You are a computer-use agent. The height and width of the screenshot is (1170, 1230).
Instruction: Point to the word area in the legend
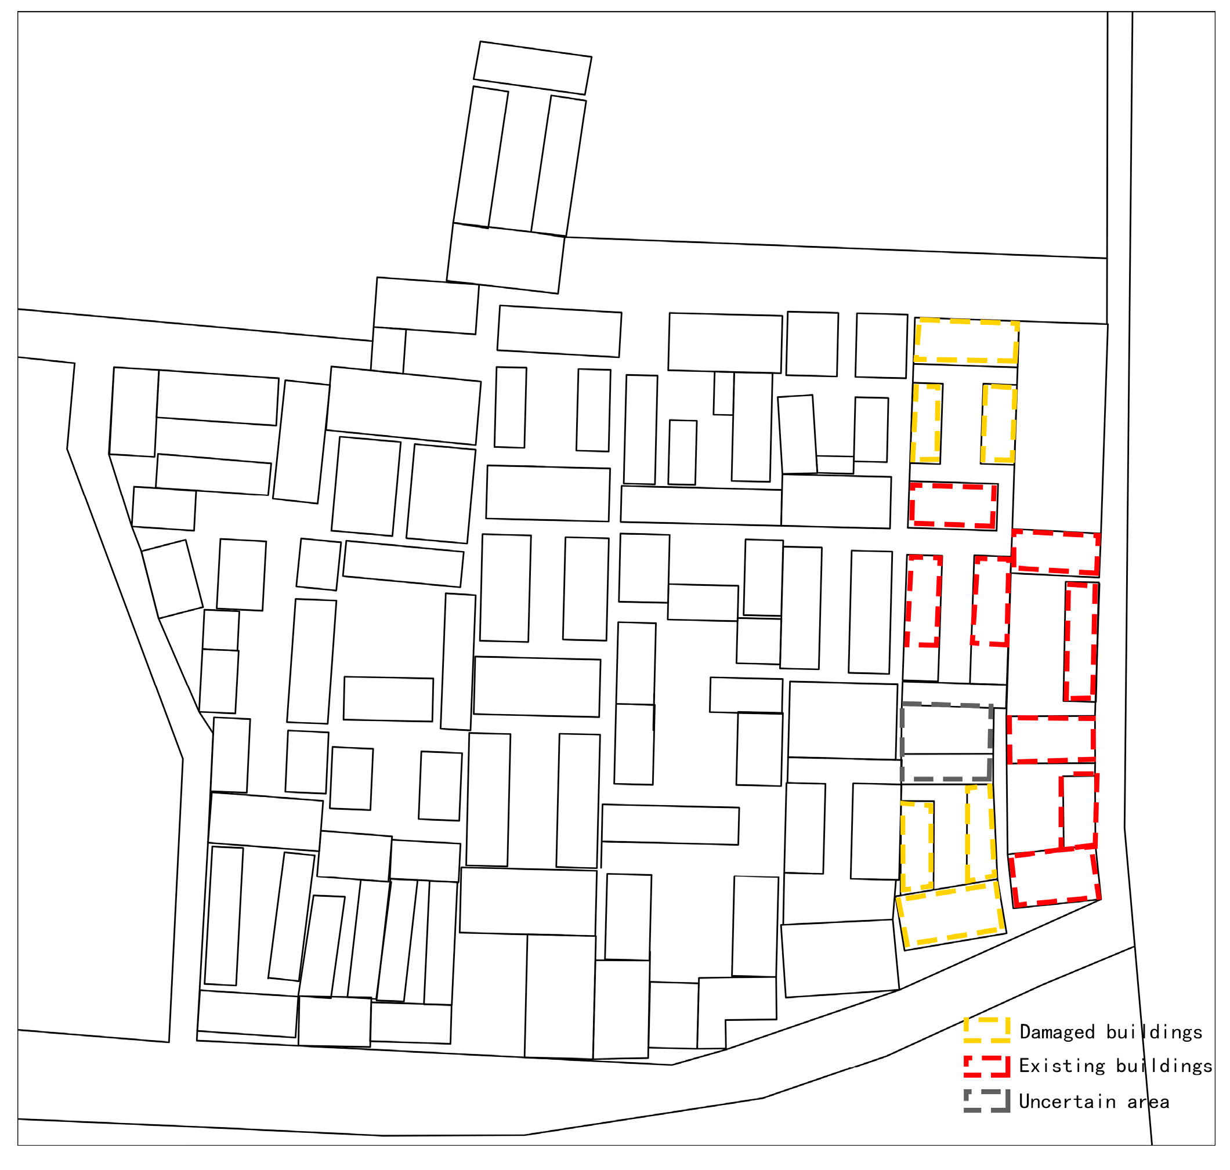(x=1148, y=1102)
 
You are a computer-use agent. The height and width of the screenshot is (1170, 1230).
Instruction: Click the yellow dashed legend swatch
(x=986, y=1030)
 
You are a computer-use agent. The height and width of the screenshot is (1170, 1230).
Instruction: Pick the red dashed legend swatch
(x=986, y=1066)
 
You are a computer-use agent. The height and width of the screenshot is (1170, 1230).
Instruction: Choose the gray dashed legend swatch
(x=986, y=1101)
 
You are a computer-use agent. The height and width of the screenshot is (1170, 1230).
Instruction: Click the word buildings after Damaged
(x=1155, y=1032)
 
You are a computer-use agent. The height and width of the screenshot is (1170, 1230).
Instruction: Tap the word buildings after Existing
(x=1164, y=1066)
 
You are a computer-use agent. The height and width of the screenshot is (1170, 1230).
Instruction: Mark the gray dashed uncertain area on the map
(x=947, y=742)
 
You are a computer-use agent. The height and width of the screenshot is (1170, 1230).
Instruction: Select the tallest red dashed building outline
(x=1081, y=642)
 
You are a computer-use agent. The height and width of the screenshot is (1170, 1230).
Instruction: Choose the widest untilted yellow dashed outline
(x=966, y=341)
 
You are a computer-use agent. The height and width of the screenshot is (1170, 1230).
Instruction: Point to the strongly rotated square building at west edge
(x=172, y=579)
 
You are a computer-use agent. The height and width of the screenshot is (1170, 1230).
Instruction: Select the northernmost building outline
(x=532, y=68)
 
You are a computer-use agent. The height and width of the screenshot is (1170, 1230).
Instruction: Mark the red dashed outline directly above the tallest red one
(x=1055, y=552)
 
